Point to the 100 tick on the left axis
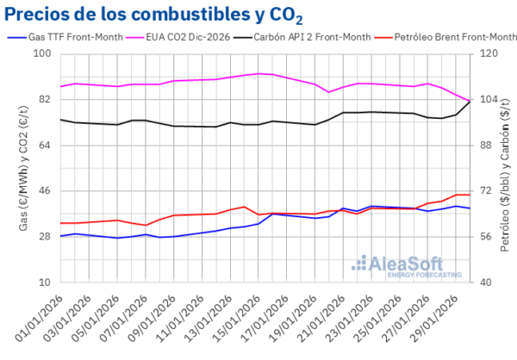coord(42,54)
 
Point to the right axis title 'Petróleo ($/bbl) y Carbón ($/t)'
coord(506,168)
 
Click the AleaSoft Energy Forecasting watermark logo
coord(404,264)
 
